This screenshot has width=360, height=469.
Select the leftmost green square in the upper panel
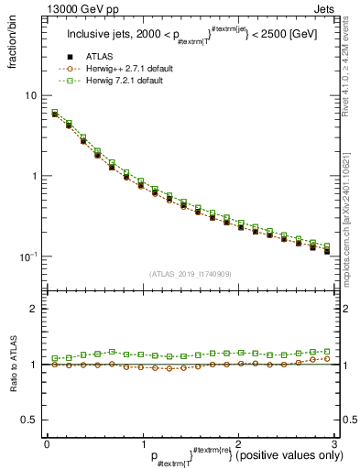coord(55,113)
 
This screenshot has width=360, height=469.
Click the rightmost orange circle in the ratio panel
coord(327,358)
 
